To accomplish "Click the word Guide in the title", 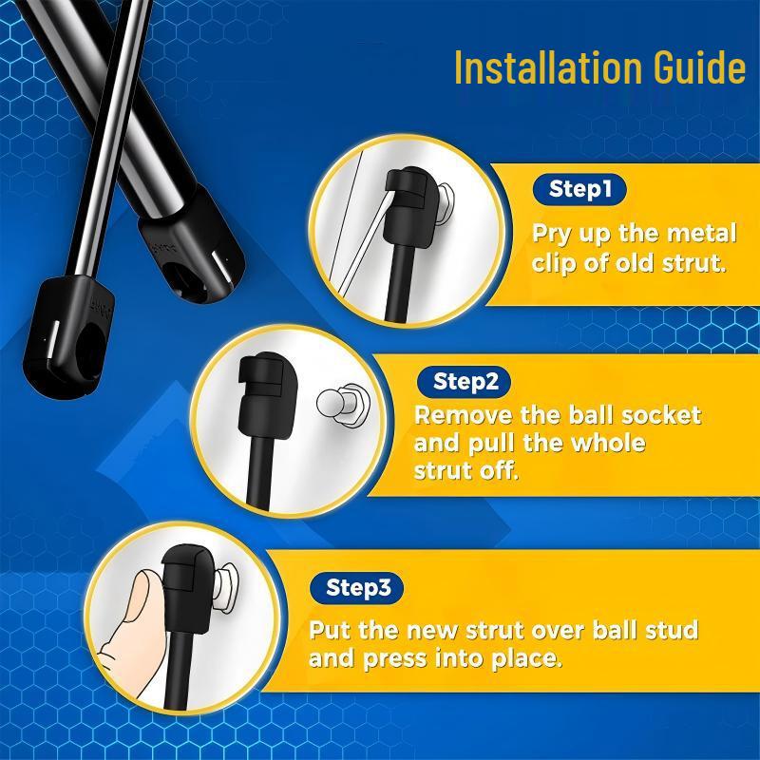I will tap(694, 68).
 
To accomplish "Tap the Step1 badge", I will tap(579, 189).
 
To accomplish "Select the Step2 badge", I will tap(465, 382).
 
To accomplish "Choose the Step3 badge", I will tap(358, 587).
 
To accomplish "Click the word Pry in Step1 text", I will tap(551, 234).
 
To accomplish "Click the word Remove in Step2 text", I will tap(456, 416).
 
